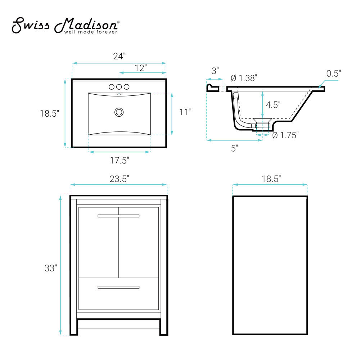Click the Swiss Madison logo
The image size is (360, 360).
pyautogui.click(x=66, y=25)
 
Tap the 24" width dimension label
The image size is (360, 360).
pyautogui.click(x=120, y=56)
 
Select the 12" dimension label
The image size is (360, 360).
pyautogui.click(x=140, y=68)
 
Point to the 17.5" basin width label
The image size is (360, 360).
pyautogui.click(x=120, y=161)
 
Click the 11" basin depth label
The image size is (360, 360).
pyautogui.click(x=185, y=112)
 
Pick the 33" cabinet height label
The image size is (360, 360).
pyautogui.click(x=50, y=268)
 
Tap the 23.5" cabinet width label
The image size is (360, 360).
pyautogui.click(x=120, y=179)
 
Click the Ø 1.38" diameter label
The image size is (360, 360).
pyautogui.click(x=244, y=78)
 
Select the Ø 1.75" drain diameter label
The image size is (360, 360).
pyautogui.click(x=285, y=135)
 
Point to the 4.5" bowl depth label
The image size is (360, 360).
pyautogui.click(x=273, y=105)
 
